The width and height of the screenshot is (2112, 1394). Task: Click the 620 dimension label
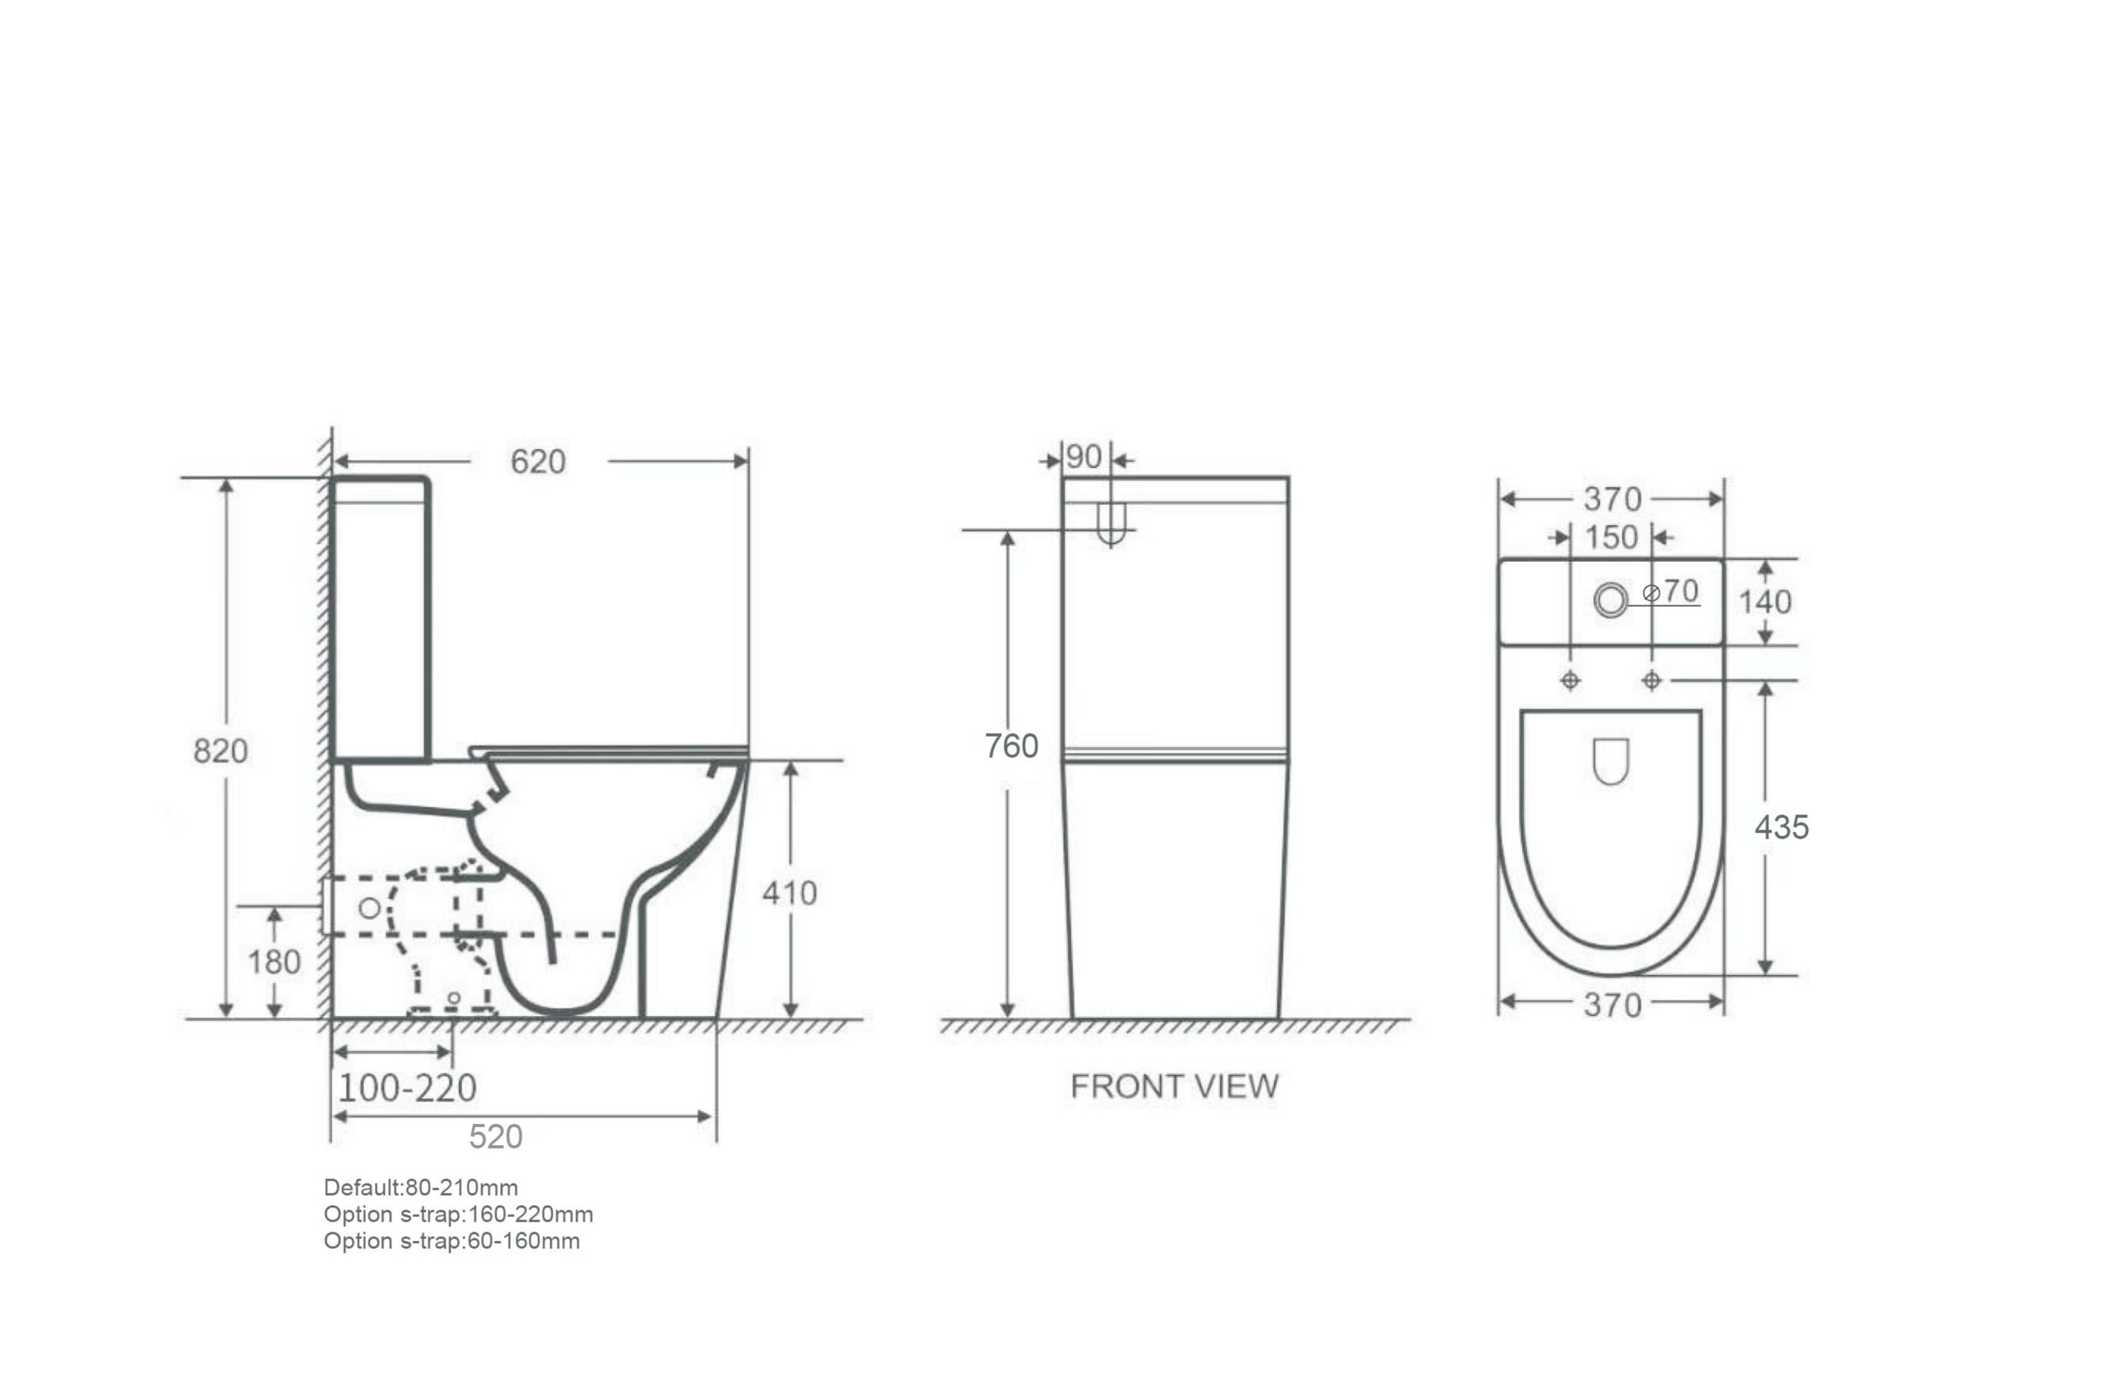pyautogui.click(x=538, y=461)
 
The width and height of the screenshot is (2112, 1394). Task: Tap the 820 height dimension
pyautogui.click(x=220, y=751)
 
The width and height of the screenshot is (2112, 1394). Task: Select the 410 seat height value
pyautogui.click(x=789, y=892)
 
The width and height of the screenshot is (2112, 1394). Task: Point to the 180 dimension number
pyautogui.click(x=274, y=961)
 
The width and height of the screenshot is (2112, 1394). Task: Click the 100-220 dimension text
pyautogui.click(x=407, y=1088)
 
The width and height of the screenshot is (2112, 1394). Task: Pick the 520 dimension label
pyautogui.click(x=496, y=1137)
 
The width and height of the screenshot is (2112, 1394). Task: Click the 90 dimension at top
pyautogui.click(x=1084, y=457)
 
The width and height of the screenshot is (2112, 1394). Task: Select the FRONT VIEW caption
pyautogui.click(x=1174, y=1087)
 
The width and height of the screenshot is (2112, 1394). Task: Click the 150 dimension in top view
pyautogui.click(x=1611, y=537)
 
